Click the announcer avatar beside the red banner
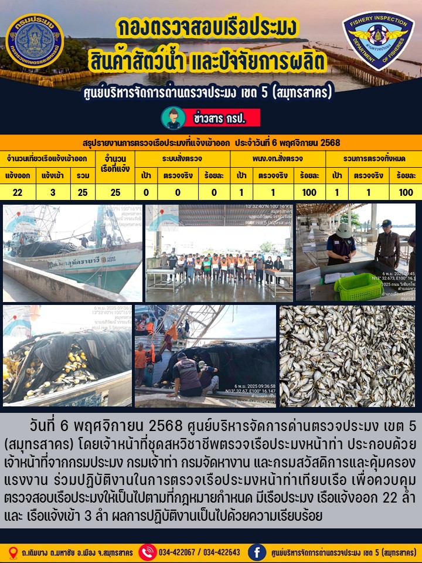click(173, 118)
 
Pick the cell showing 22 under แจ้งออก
click(18, 192)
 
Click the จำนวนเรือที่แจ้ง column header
click(115, 167)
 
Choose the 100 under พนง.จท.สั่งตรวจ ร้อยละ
click(309, 192)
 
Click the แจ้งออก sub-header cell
click(18, 175)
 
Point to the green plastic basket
click(358, 287)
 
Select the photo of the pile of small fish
click(347, 356)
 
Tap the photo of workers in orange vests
click(219, 253)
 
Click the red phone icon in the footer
click(147, 552)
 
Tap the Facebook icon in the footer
click(257, 552)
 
